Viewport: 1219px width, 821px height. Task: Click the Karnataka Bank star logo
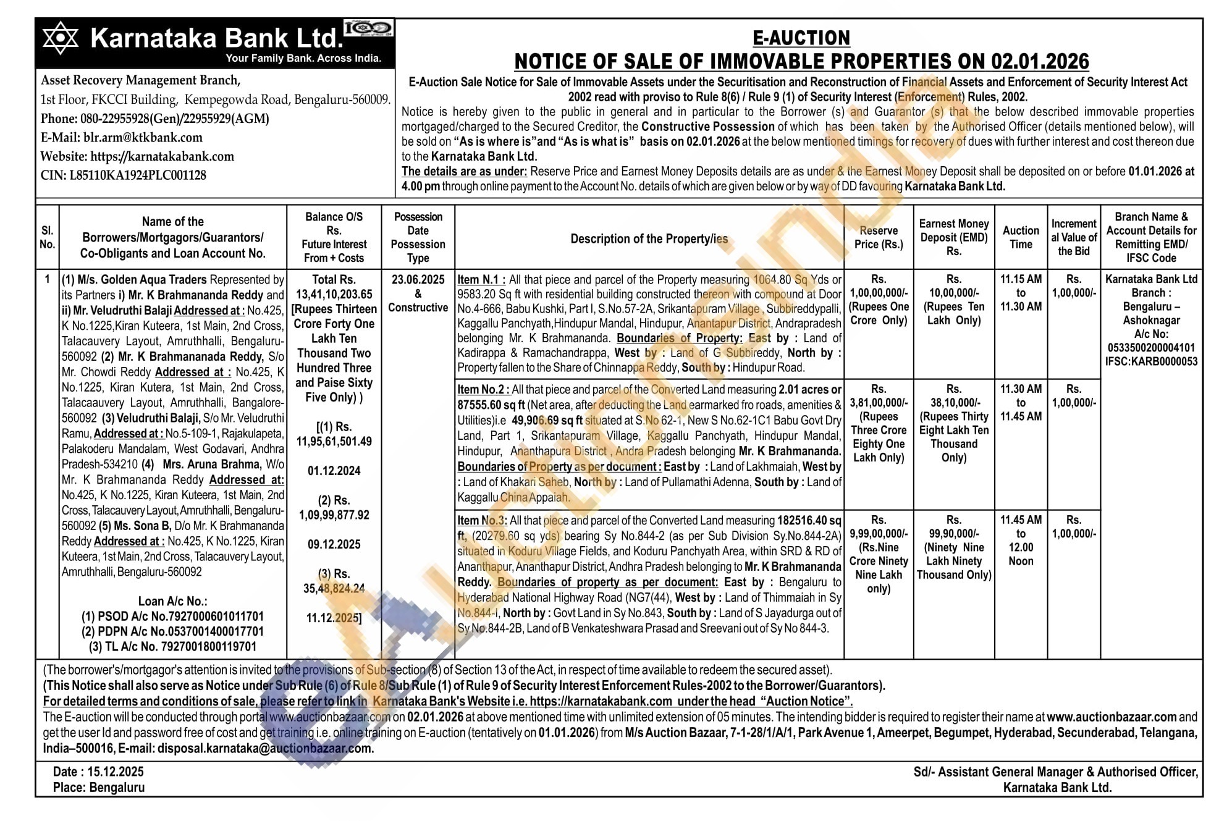click(x=60, y=38)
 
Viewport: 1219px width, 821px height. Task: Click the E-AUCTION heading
click(x=801, y=38)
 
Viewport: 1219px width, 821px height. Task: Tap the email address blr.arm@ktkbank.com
click(x=143, y=138)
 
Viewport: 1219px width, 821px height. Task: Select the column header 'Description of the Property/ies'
click(x=649, y=239)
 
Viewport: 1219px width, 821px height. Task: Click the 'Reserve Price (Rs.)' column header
click(x=878, y=237)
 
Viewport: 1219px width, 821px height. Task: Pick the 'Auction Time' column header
click(x=1021, y=237)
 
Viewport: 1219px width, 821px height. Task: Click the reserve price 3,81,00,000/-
click(x=879, y=403)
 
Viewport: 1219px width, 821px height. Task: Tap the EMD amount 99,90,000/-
click(x=953, y=534)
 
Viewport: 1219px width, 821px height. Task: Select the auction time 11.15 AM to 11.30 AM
click(x=1021, y=293)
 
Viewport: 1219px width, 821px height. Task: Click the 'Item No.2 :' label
click(x=483, y=390)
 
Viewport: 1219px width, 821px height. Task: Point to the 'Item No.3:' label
click(x=482, y=521)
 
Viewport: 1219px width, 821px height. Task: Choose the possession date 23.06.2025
click(x=418, y=280)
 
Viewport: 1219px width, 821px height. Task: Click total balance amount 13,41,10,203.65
click(x=334, y=295)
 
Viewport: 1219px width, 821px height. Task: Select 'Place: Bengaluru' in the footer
click(x=98, y=788)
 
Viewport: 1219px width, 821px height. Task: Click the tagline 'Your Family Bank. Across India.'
click(x=303, y=59)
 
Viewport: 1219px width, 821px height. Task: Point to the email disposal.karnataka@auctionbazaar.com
click(x=264, y=749)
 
